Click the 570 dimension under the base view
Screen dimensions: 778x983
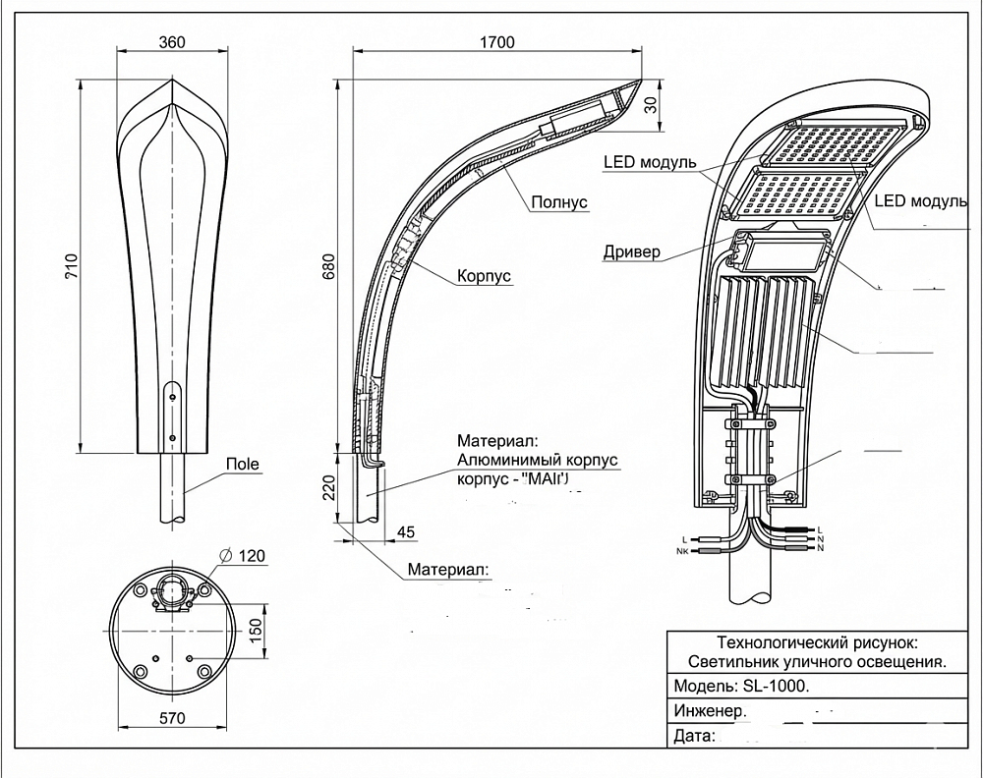coord(172,718)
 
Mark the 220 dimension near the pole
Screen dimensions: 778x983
coord(328,486)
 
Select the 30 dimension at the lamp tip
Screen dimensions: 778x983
coord(650,107)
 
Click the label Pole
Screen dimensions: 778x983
coord(242,464)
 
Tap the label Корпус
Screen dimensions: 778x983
coord(484,277)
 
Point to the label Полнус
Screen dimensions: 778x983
coord(558,202)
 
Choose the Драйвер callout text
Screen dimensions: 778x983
coord(632,252)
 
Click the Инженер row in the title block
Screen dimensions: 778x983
coord(710,710)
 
